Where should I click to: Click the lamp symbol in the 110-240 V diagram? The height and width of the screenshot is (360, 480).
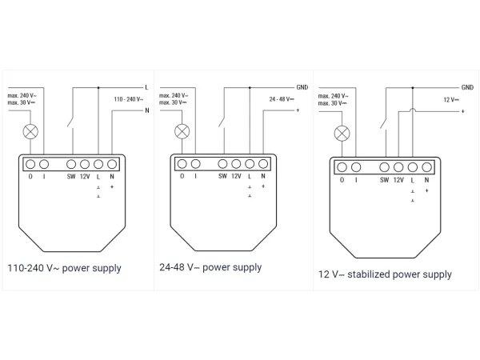click(x=33, y=130)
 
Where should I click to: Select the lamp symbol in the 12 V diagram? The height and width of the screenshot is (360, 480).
click(x=342, y=133)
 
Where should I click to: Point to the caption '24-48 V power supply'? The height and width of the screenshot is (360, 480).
click(x=210, y=267)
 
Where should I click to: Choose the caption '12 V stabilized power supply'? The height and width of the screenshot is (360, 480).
click(x=385, y=274)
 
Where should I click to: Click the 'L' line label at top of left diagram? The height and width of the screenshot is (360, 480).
click(x=146, y=86)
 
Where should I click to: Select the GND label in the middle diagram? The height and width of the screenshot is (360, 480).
click(x=302, y=86)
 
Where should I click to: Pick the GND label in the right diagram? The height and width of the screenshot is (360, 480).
click(x=466, y=86)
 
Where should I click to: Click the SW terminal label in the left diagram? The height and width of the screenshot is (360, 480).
click(x=71, y=175)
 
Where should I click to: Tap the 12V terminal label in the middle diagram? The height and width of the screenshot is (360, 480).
click(x=236, y=175)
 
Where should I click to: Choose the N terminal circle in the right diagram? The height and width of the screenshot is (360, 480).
click(x=427, y=167)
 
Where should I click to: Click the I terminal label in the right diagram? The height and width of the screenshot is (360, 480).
click(x=356, y=180)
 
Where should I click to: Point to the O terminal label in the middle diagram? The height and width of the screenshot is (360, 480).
click(x=182, y=175)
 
